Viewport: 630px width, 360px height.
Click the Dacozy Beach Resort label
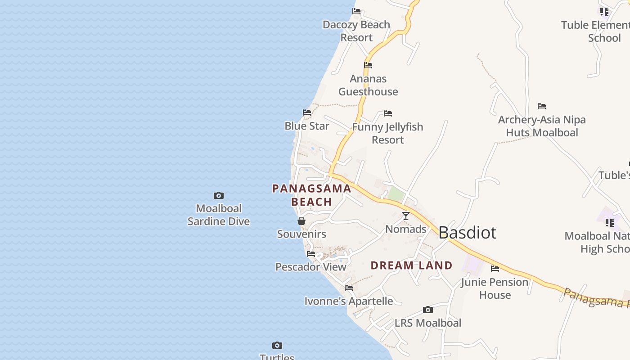coord(356,31)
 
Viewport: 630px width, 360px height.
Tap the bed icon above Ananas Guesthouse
coord(368,65)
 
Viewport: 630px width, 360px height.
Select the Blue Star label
coord(307,126)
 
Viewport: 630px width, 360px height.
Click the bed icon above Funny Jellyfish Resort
coord(388,113)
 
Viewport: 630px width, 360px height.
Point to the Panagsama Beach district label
coord(311,195)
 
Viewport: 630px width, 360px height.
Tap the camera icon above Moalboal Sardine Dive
coord(219,195)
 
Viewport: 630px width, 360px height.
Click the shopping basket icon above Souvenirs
coord(301,221)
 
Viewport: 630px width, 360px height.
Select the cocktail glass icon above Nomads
coord(406,216)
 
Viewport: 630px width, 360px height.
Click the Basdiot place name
coord(467,233)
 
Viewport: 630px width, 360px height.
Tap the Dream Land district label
coord(411,265)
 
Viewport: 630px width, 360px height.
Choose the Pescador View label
coord(311,267)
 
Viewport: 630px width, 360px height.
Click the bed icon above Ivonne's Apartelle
coord(349,288)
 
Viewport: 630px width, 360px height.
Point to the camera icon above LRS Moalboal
coord(428,310)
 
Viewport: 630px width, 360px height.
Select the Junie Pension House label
coord(495,288)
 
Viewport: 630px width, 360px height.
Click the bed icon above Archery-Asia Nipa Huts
coord(542,106)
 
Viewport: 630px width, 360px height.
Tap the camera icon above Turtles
coord(277,346)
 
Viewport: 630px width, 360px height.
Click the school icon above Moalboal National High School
coord(610,222)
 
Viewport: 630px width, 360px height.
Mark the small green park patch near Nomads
coord(396,194)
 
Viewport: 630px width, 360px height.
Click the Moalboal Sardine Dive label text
coord(219,215)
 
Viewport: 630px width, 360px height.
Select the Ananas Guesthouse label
coord(368,85)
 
